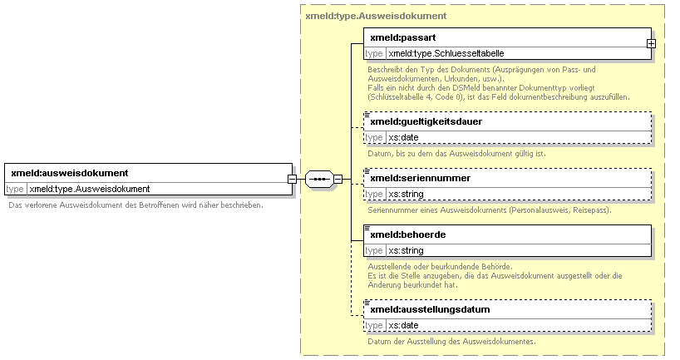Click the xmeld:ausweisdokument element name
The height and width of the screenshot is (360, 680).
tap(69, 173)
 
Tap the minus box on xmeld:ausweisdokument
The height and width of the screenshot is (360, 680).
tap(293, 179)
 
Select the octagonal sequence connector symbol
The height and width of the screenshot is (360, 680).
tap(319, 179)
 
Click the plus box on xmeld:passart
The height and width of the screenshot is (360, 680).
tap(651, 43)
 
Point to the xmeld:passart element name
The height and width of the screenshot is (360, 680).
tap(403, 37)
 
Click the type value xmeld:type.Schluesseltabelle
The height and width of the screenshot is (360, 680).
tap(446, 53)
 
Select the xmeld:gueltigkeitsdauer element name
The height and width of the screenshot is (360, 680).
tap(426, 121)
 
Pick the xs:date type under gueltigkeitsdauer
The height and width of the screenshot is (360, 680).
tap(403, 137)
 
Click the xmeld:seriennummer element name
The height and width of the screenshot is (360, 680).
tap(421, 178)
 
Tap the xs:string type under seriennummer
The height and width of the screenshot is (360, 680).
tap(406, 194)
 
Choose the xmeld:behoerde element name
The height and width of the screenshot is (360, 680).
tap(407, 234)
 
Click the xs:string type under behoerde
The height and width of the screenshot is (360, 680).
tap(406, 250)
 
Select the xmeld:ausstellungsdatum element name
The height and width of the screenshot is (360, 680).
tap(430, 309)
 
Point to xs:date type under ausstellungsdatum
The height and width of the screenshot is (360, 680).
tap(403, 325)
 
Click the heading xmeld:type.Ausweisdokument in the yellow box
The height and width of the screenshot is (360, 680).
tap(376, 16)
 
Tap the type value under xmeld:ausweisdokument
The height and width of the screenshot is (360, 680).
tap(89, 189)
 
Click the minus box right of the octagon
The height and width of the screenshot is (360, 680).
tap(338, 179)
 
